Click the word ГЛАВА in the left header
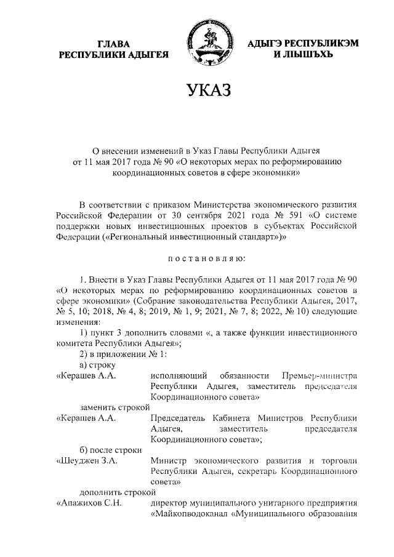(113, 43)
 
